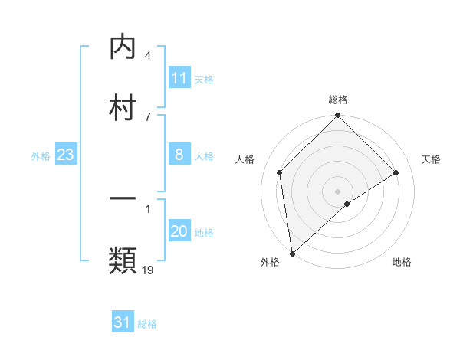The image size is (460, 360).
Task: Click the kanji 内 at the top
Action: pyautogui.click(x=123, y=47)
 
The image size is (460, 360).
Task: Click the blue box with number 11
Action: pyautogui.click(x=179, y=78)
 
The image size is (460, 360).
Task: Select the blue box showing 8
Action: pyautogui.click(x=179, y=155)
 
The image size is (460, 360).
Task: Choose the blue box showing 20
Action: pyautogui.click(x=179, y=232)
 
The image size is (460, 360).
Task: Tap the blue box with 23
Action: pyautogui.click(x=66, y=155)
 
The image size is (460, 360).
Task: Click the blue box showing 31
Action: pyautogui.click(x=123, y=323)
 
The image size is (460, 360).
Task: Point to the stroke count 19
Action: pyautogui.click(x=149, y=270)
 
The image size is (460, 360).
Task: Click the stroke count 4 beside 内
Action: pyautogui.click(x=147, y=56)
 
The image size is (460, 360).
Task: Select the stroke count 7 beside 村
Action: pyautogui.click(x=147, y=116)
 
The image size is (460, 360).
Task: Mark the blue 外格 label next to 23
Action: pyautogui.click(x=41, y=156)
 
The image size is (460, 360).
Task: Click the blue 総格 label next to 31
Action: pyautogui.click(x=147, y=324)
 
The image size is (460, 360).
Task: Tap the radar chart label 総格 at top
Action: pyautogui.click(x=338, y=100)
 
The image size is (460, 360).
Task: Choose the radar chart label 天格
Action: pyautogui.click(x=432, y=159)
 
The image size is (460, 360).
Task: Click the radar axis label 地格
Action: pyautogui.click(x=402, y=263)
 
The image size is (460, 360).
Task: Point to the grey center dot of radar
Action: pyautogui.click(x=338, y=191)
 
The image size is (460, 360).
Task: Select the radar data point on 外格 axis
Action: pyautogui.click(x=291, y=254)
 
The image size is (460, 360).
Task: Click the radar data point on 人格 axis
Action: pyautogui.click(x=280, y=172)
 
